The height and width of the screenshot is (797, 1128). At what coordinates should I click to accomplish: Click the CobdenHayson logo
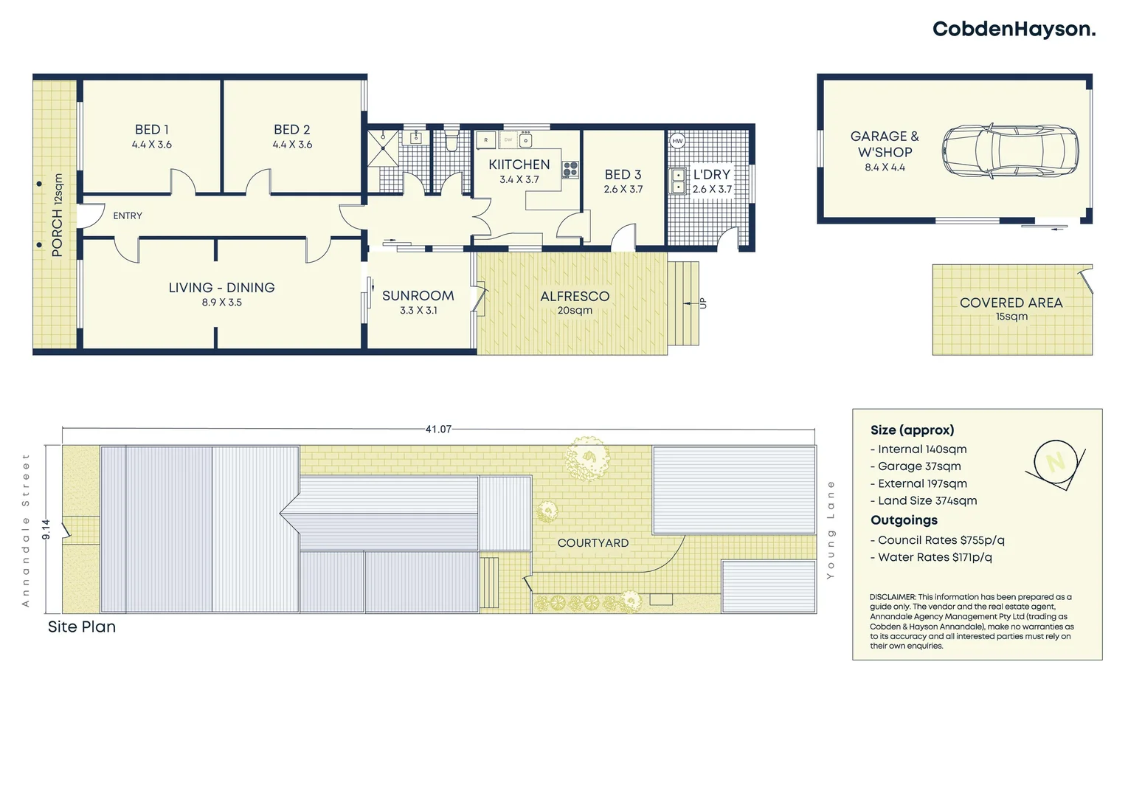click(x=1014, y=30)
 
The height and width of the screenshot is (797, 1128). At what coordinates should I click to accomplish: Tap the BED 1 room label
click(x=152, y=130)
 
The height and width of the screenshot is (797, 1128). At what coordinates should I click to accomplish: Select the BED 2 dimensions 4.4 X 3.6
click(x=292, y=145)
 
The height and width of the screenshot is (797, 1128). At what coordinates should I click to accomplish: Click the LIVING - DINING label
click(x=221, y=288)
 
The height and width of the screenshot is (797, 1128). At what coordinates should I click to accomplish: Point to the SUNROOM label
click(x=418, y=296)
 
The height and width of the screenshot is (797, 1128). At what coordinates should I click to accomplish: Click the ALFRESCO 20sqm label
click(x=575, y=302)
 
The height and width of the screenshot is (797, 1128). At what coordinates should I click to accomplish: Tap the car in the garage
click(x=1009, y=151)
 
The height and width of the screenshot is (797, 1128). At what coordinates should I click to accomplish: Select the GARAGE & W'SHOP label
click(x=885, y=145)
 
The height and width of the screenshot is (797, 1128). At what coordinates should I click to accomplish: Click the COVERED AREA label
click(x=1011, y=303)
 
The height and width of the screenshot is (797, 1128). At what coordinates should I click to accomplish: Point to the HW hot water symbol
click(x=677, y=141)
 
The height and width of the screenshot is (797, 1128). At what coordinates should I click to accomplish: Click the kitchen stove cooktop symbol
click(x=570, y=169)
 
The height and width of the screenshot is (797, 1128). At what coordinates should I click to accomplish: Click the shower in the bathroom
click(x=384, y=148)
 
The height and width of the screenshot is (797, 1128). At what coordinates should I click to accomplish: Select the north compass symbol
click(x=1055, y=463)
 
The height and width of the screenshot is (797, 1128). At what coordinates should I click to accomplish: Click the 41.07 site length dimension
click(x=438, y=429)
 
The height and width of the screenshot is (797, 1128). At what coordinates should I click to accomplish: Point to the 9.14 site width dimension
click(x=46, y=529)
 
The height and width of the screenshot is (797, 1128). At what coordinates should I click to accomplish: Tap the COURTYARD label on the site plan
click(x=592, y=543)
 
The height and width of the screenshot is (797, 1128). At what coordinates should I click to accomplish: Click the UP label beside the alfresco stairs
click(x=702, y=303)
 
